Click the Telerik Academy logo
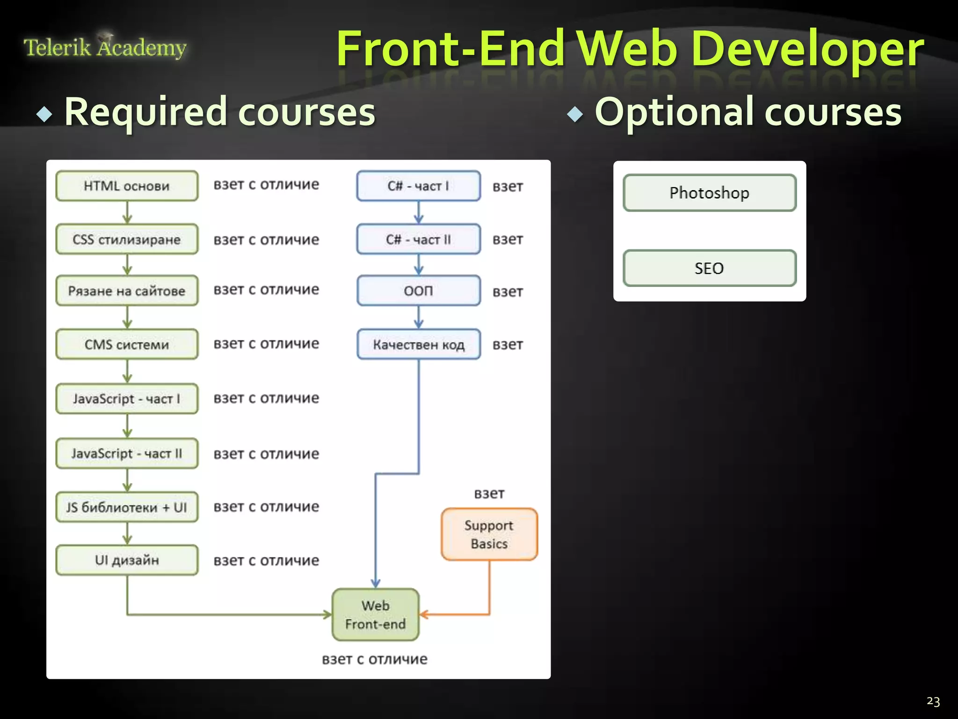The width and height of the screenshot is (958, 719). (x=105, y=47)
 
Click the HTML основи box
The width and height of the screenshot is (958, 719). (x=127, y=186)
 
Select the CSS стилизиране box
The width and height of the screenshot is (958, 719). (x=127, y=239)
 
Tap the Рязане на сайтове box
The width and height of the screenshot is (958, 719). (x=127, y=291)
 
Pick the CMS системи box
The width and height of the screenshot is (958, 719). (x=127, y=345)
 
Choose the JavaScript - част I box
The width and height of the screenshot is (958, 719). (x=127, y=399)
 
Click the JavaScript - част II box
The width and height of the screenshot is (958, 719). (x=127, y=453)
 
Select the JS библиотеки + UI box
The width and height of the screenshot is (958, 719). (x=127, y=507)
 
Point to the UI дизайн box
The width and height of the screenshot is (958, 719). (x=127, y=560)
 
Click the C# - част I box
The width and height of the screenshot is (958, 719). (x=418, y=186)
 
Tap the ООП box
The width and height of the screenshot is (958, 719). (x=418, y=291)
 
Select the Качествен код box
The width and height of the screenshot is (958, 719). (x=418, y=345)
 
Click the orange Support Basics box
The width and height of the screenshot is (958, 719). (x=489, y=534)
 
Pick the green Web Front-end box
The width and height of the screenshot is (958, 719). (x=375, y=615)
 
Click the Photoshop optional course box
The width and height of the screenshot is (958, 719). (x=709, y=193)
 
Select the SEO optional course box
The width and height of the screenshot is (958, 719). (x=709, y=268)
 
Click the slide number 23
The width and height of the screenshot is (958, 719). (x=933, y=701)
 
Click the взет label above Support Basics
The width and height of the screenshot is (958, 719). (x=489, y=493)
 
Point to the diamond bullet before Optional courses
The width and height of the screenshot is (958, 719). (x=575, y=114)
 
